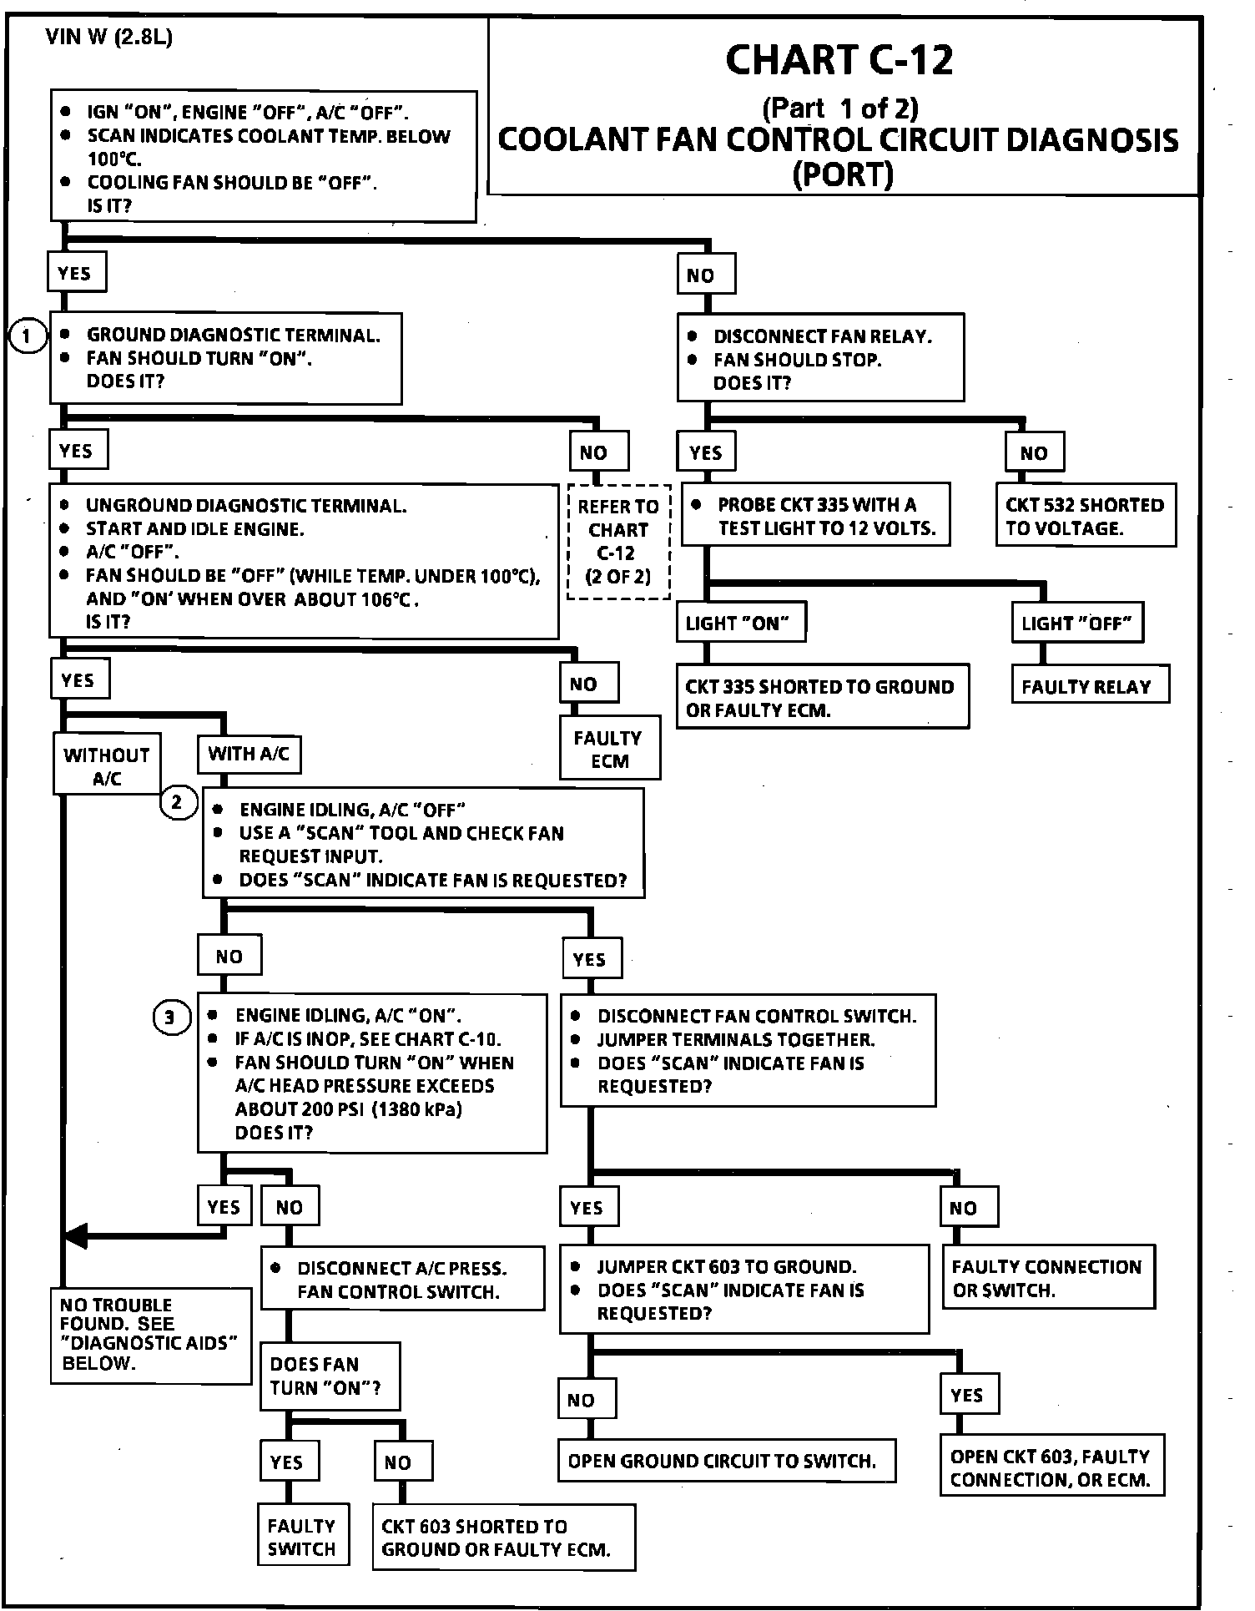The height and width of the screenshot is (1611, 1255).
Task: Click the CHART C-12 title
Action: tap(839, 60)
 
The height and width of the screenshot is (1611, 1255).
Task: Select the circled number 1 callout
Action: tap(28, 336)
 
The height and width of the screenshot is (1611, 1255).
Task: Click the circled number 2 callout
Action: tap(177, 803)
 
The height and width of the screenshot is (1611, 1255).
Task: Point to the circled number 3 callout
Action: tap(170, 1018)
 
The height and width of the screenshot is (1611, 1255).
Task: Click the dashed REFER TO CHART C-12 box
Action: tap(618, 541)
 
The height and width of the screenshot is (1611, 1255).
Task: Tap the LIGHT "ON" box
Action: tap(740, 624)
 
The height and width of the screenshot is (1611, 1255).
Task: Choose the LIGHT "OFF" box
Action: tap(1076, 624)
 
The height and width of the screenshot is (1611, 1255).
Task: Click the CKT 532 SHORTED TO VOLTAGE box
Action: tap(1085, 516)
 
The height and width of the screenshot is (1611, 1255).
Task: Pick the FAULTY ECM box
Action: tap(609, 749)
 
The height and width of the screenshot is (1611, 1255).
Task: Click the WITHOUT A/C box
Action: tap(107, 765)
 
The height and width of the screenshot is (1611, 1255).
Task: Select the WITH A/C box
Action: tap(249, 754)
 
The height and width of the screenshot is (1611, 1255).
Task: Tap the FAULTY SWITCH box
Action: tap(302, 1537)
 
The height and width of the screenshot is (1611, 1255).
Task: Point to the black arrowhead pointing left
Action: tap(75, 1236)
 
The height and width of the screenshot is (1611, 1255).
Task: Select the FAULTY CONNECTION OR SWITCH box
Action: tap(1048, 1277)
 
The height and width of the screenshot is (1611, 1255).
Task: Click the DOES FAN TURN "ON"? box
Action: tap(329, 1376)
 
